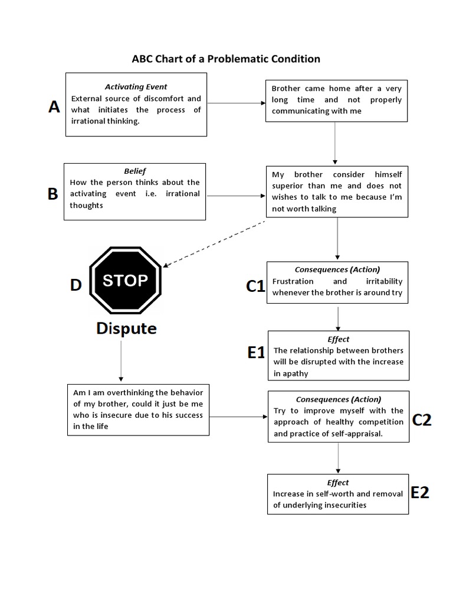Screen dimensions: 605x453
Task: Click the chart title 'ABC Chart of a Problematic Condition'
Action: (225, 58)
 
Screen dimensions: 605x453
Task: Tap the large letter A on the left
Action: (54, 107)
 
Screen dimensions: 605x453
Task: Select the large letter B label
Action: (53, 194)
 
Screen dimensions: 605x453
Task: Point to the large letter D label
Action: (75, 285)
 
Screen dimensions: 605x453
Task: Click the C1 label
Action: (255, 286)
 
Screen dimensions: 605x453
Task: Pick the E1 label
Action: (257, 353)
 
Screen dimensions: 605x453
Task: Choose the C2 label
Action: (422, 420)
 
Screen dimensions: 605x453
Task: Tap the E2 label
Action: (419, 493)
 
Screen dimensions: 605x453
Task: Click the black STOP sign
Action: (125, 281)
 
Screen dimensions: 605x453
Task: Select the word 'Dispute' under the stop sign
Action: (127, 328)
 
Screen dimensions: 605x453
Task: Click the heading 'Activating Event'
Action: (136, 87)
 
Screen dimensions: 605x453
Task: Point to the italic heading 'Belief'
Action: (135, 171)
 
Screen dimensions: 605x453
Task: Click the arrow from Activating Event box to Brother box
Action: (236, 103)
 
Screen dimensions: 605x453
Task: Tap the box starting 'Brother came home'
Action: (336, 100)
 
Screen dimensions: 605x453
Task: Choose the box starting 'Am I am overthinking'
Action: (138, 409)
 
